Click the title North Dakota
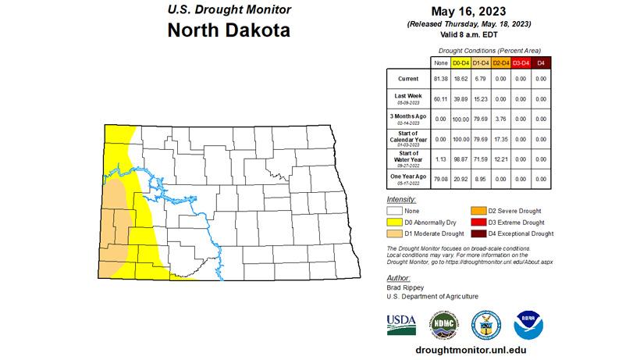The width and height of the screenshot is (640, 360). tap(229, 31)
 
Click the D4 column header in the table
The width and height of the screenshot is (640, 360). tap(542, 62)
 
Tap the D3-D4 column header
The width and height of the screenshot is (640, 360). tap(521, 62)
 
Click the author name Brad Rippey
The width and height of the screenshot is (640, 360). tap(406, 287)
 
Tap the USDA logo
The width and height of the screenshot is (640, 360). tap(401, 323)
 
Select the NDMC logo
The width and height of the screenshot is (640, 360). tap(444, 324)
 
